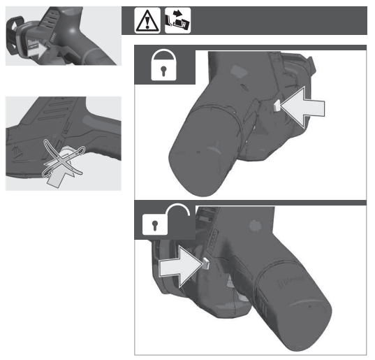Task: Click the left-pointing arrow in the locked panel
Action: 306,108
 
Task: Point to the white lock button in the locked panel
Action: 277,106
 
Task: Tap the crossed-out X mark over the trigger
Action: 62,160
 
